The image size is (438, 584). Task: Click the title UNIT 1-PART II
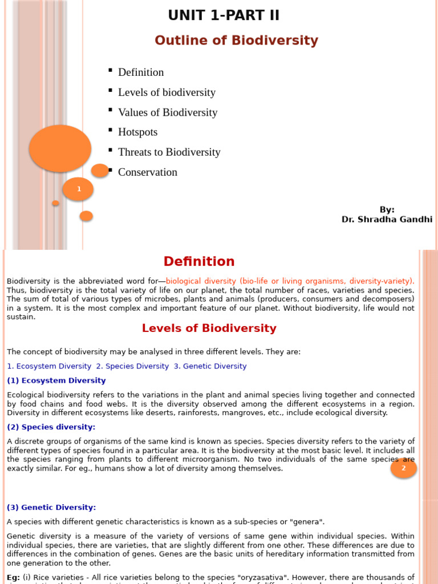point(224,15)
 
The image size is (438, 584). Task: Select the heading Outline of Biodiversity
point(236,40)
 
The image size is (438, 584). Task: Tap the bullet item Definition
point(141,72)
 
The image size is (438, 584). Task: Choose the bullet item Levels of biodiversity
point(167,92)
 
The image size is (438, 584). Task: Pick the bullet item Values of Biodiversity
point(168,112)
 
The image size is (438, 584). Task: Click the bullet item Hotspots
point(137,132)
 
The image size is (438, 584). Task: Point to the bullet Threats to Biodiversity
point(169,152)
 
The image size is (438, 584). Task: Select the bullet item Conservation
point(148,172)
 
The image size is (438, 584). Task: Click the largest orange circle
point(60,148)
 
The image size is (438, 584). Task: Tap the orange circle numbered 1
point(78,189)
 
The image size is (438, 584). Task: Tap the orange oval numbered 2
point(404,468)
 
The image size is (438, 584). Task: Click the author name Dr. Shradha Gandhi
point(387,220)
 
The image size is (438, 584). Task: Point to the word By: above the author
point(387,210)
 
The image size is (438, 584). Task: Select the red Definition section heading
point(199,262)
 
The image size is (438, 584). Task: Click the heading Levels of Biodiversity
point(209,328)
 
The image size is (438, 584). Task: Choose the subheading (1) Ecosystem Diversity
point(56,380)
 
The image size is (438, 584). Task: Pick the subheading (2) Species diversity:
point(51,427)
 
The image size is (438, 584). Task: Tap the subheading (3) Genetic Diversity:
point(51,508)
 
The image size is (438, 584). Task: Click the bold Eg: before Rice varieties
point(13,578)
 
